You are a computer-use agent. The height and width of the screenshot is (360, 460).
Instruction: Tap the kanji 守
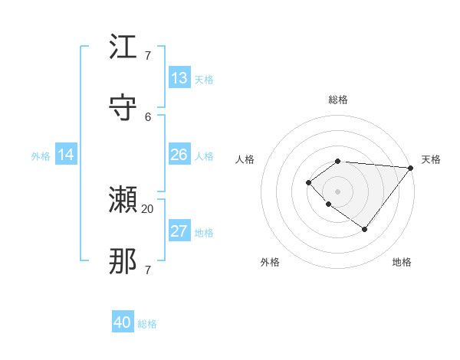(123, 106)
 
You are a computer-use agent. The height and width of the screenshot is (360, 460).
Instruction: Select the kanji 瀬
(123, 201)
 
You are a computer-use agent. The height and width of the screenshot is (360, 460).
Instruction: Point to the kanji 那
(123, 261)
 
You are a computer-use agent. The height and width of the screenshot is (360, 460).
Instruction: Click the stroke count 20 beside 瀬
(148, 208)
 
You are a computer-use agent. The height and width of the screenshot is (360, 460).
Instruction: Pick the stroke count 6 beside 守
(148, 116)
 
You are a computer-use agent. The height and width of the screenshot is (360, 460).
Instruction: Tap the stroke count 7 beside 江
(148, 56)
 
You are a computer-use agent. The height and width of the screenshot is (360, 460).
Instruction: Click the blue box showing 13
(179, 78)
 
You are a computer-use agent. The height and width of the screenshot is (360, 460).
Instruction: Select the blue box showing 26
(179, 155)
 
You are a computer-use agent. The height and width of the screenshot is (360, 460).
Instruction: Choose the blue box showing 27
(179, 231)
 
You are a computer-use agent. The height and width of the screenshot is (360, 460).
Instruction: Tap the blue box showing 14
(66, 155)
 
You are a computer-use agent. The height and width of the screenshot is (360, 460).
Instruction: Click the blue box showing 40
(123, 322)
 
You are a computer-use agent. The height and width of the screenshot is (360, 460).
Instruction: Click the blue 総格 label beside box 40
(147, 324)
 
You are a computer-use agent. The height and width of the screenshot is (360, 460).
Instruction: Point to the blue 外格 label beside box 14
(41, 156)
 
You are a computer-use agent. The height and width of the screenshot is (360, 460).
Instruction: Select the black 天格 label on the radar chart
(431, 159)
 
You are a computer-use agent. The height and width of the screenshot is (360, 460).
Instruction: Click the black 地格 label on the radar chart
(402, 262)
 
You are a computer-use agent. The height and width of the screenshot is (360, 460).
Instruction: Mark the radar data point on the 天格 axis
(411, 168)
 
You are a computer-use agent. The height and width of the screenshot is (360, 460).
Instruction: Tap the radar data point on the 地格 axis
(365, 229)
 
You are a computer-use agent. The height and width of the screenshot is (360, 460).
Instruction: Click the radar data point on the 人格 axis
(308, 182)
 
